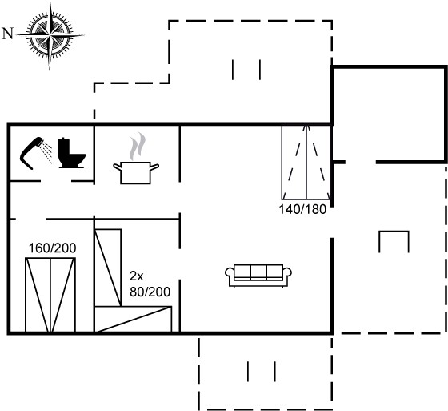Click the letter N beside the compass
point(8,34)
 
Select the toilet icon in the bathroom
point(72,153)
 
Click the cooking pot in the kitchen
point(136,173)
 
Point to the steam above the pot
point(138,147)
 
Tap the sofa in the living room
point(258,276)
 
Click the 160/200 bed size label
point(53,248)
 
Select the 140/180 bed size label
point(302,209)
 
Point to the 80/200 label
point(150,292)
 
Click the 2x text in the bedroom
point(137,276)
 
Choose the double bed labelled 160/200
point(50,295)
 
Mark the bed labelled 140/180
point(306,163)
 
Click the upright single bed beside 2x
point(108,268)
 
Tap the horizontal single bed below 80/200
point(133,320)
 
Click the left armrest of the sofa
point(230,272)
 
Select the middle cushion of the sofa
point(258,272)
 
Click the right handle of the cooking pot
point(154,167)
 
